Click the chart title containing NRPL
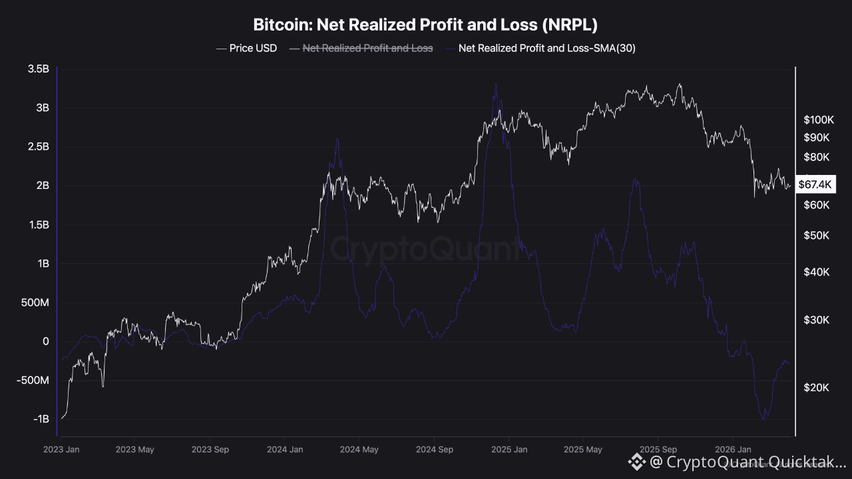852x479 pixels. [x=425, y=25]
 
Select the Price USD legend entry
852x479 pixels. [x=247, y=48]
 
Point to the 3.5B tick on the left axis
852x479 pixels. [x=38, y=69]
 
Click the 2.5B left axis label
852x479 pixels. [x=38, y=146]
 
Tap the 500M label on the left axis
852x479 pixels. [x=35, y=303]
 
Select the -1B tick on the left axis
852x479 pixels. [x=41, y=419]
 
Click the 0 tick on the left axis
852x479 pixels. [x=46, y=341]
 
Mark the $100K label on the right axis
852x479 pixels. [x=818, y=120]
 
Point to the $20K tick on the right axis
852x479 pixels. [x=816, y=388]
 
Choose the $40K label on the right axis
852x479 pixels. [x=816, y=272]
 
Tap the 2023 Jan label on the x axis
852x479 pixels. [x=61, y=450]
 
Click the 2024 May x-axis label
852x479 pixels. [x=359, y=450]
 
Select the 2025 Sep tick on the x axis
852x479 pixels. [x=658, y=450]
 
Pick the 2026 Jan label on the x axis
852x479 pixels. [x=733, y=450]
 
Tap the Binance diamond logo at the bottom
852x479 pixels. [x=637, y=462]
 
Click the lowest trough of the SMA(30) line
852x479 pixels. [x=763, y=418]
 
